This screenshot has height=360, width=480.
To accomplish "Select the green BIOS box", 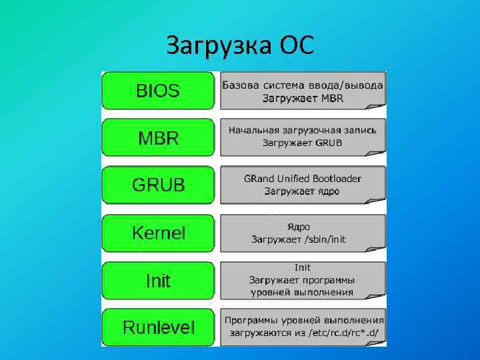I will (x=158, y=91).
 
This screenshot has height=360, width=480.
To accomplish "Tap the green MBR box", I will (x=158, y=139).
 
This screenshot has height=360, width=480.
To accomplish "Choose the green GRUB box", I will (x=158, y=185).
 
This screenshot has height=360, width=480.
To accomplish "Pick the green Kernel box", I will (x=158, y=233).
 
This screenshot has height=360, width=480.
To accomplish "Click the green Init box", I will (x=158, y=281).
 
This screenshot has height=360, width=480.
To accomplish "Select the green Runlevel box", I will (x=158, y=327).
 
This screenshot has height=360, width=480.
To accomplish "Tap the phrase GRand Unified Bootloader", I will (x=302, y=179).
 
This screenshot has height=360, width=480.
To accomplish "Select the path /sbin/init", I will (x=324, y=239).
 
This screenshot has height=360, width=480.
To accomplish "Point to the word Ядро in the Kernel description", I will (x=298, y=227).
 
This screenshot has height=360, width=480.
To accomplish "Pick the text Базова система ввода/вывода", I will (x=302, y=85).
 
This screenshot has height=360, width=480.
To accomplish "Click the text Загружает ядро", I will (x=302, y=191).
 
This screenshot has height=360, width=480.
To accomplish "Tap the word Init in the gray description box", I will (x=302, y=268).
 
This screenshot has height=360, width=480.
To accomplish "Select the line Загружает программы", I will (x=302, y=280).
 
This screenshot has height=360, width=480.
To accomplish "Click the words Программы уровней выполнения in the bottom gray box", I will (x=304, y=319).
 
